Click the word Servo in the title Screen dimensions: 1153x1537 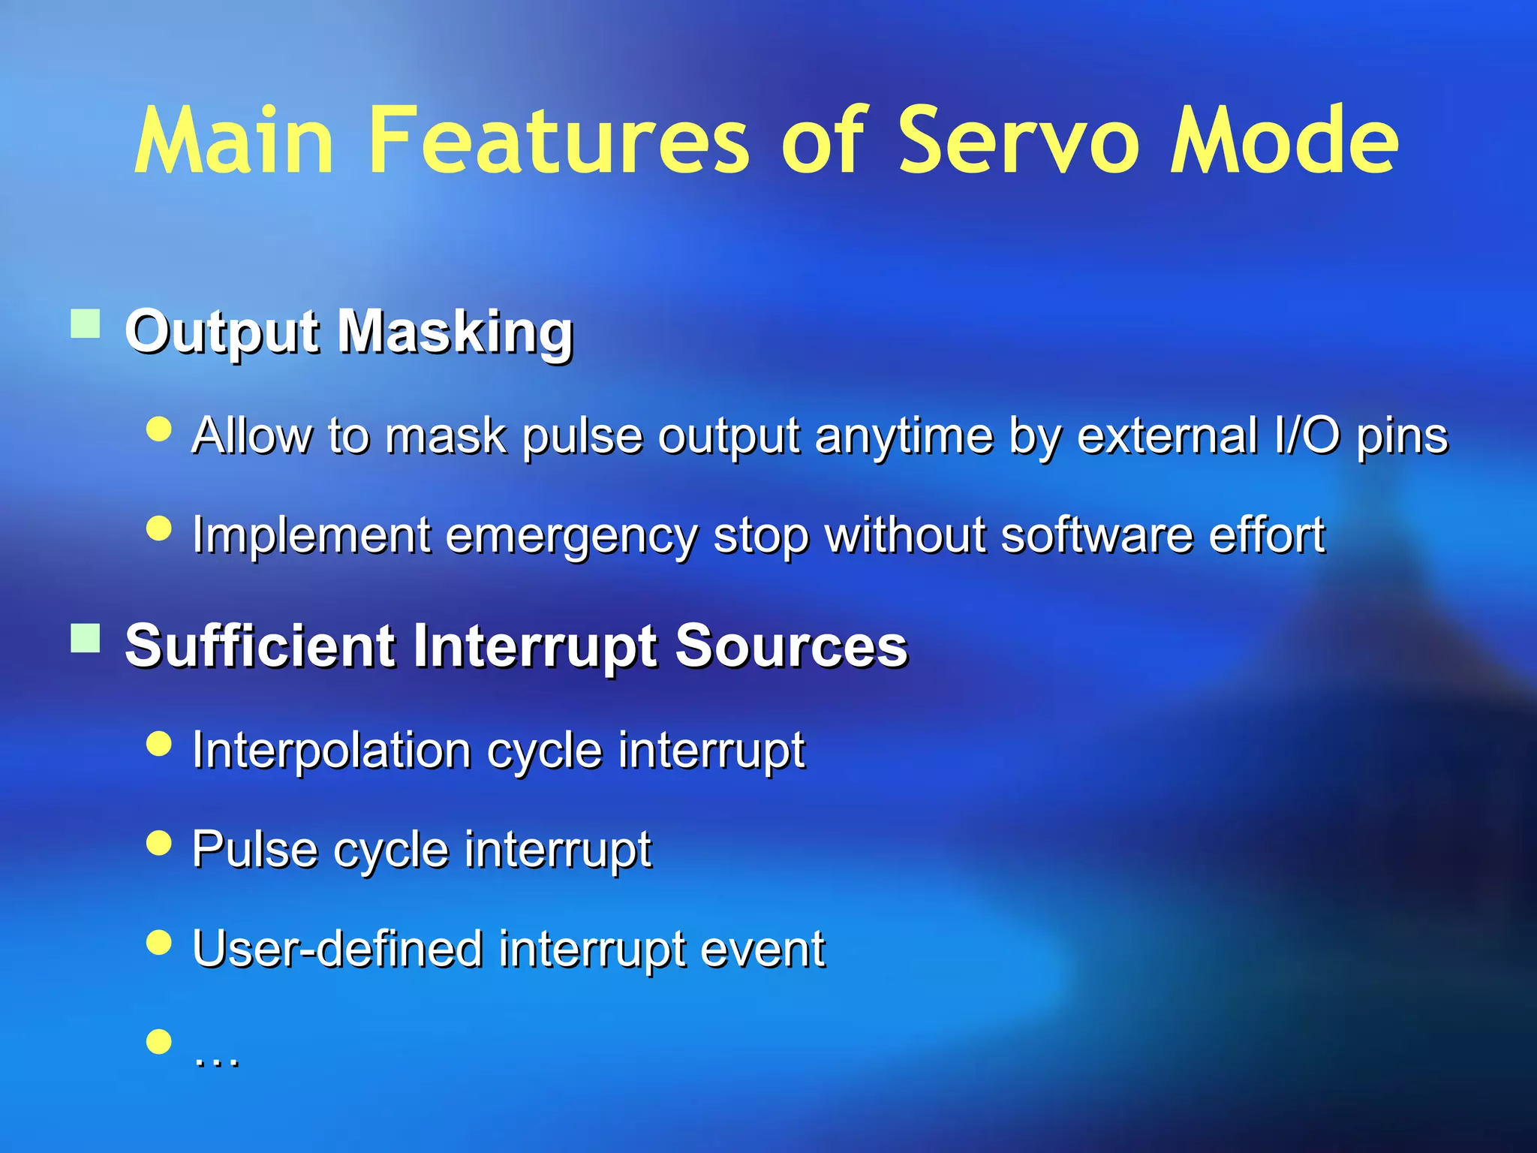[x=1016, y=141]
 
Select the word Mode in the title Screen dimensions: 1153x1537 [x=1284, y=141]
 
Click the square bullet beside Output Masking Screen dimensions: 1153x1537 [x=86, y=324]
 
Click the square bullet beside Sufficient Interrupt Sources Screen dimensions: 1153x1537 [x=86, y=639]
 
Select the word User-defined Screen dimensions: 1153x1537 [x=337, y=949]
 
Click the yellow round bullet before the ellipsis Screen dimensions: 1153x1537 [x=159, y=1042]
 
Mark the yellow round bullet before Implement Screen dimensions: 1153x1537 [x=159, y=528]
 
